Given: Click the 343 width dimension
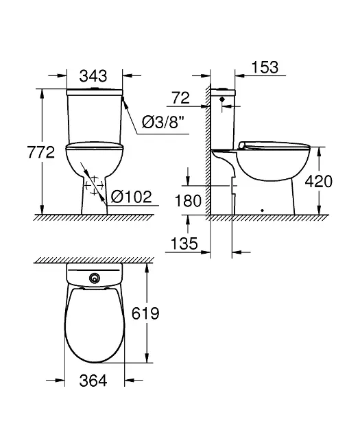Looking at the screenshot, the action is [93, 75].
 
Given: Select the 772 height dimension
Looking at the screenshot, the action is [41, 152].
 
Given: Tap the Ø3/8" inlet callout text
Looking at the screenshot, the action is [163, 122].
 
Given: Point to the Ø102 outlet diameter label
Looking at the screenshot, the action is [132, 196].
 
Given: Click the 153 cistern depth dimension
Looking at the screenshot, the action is [265, 67].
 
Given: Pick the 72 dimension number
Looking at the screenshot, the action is [181, 98].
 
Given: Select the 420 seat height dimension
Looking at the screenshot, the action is [319, 181].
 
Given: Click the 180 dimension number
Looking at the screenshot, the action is [189, 200].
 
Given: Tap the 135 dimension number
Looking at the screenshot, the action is [184, 243].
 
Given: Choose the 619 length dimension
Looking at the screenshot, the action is [145, 313].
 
